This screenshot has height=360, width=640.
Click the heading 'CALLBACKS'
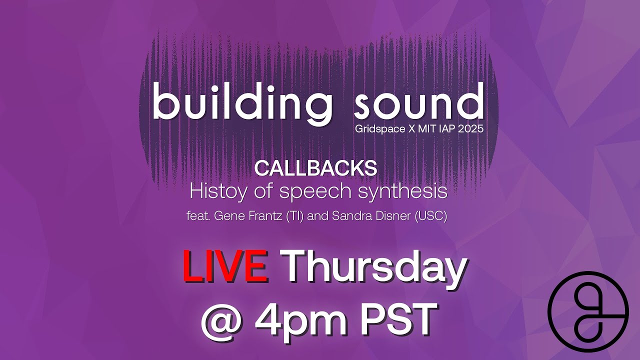pos(315,168)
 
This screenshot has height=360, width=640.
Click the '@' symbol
pos(222,320)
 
